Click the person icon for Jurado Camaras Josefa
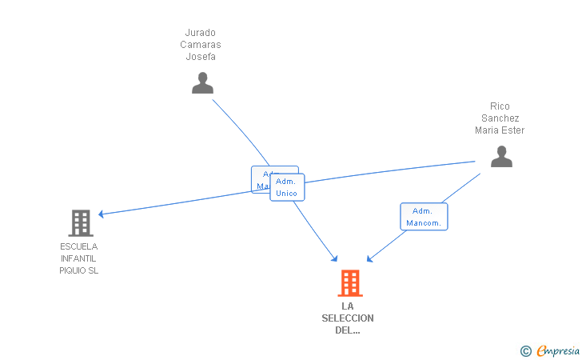202,83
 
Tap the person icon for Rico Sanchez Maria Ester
501,156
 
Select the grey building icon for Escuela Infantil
80,222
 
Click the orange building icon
349,283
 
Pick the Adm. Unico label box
287,187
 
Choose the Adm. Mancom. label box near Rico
424,217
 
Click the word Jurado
200,33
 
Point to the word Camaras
200,45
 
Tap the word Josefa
200,57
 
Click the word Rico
500,106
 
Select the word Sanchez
500,118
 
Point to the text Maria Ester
500,130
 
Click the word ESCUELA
78,246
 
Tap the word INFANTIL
78,258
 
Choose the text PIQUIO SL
78,270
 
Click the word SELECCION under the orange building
348,318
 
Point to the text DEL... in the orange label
348,330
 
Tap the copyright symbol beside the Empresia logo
525,350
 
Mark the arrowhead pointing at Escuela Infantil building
102,214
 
